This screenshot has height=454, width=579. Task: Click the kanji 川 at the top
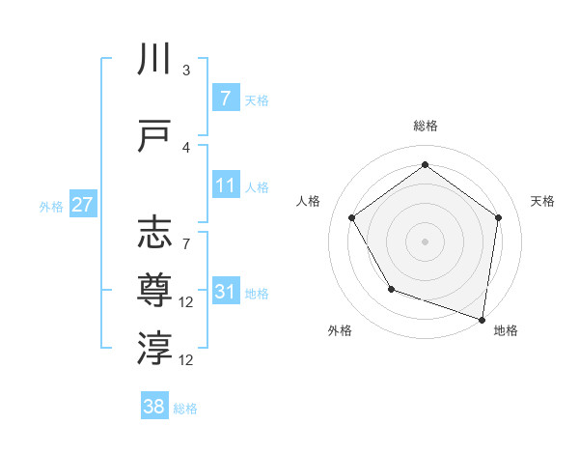[x=154, y=59]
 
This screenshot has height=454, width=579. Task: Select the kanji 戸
[x=154, y=134]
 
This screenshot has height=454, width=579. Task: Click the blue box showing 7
[x=225, y=99]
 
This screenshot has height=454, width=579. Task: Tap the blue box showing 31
[x=225, y=291]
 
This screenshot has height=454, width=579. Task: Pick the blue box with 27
[x=82, y=205]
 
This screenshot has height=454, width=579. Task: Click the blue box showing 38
[x=154, y=407]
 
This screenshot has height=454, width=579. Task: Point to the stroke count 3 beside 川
[x=185, y=71]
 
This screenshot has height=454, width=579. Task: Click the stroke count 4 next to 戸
[x=185, y=147]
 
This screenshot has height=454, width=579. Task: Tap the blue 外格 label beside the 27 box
[x=50, y=206]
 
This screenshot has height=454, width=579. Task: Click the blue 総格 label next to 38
[x=185, y=409]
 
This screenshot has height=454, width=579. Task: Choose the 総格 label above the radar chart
[x=425, y=126]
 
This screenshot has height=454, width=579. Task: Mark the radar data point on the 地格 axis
[x=482, y=318]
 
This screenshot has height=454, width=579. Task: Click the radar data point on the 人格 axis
[x=352, y=217]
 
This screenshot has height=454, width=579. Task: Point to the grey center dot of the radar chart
[x=425, y=241]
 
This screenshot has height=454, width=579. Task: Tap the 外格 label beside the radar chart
[x=340, y=330]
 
